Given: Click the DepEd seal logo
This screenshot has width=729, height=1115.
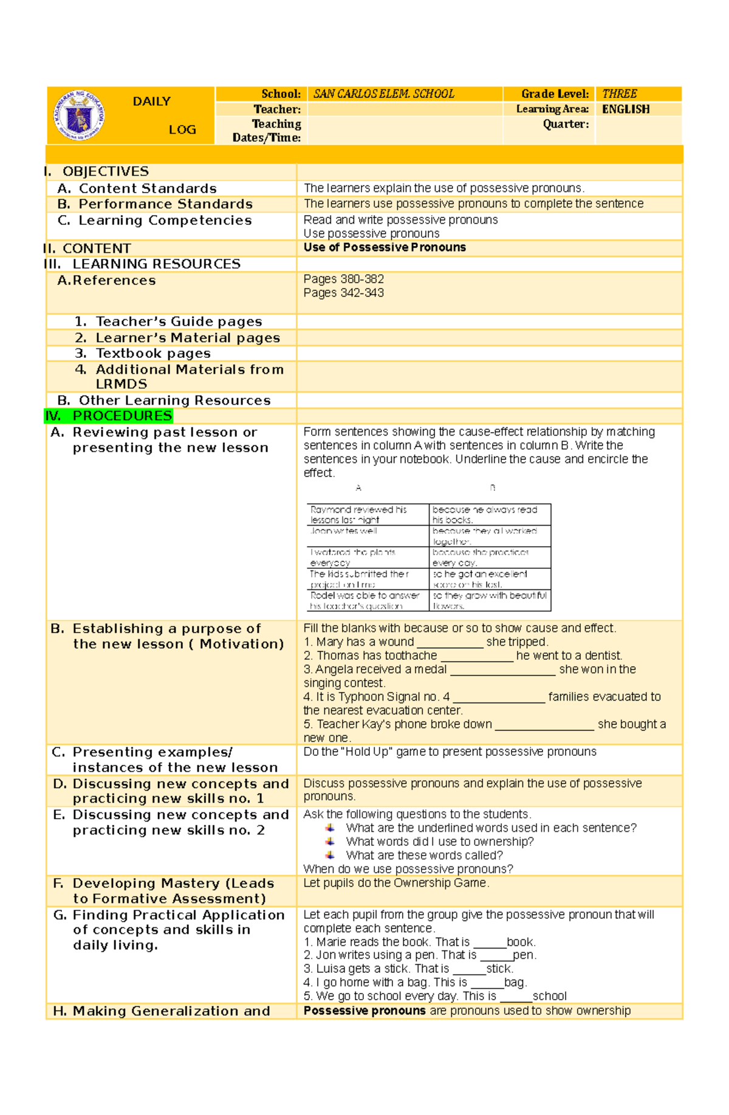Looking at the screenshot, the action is pos(80,115).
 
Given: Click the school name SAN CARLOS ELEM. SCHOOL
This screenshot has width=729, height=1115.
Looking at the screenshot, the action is pos(383,94).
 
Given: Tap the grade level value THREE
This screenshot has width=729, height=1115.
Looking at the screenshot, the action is pos(619,94).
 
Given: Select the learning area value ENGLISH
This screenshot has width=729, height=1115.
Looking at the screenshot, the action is pos(625,109).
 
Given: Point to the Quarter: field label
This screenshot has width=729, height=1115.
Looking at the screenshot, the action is pos(565,124).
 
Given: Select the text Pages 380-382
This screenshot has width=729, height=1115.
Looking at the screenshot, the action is pos(343,279).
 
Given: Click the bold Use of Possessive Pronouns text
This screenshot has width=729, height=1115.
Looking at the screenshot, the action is pos(385,247).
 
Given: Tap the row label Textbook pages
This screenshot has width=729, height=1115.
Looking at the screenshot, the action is pos(152,354).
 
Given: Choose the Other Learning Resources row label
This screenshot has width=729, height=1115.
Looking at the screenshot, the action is pos(174,400).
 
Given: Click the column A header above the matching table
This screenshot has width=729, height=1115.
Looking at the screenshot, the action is pos(358,488).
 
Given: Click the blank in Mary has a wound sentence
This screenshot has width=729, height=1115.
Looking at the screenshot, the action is pos(450,642).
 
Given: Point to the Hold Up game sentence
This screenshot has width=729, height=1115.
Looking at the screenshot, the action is pos(450,752).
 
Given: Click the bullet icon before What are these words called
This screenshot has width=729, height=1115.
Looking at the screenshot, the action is pos(330,855).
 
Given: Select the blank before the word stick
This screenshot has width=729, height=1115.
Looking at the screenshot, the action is pos(469,969).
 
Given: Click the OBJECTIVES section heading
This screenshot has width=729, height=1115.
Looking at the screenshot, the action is pos(105,172).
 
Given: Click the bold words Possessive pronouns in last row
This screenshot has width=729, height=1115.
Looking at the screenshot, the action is pos(364,1011).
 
